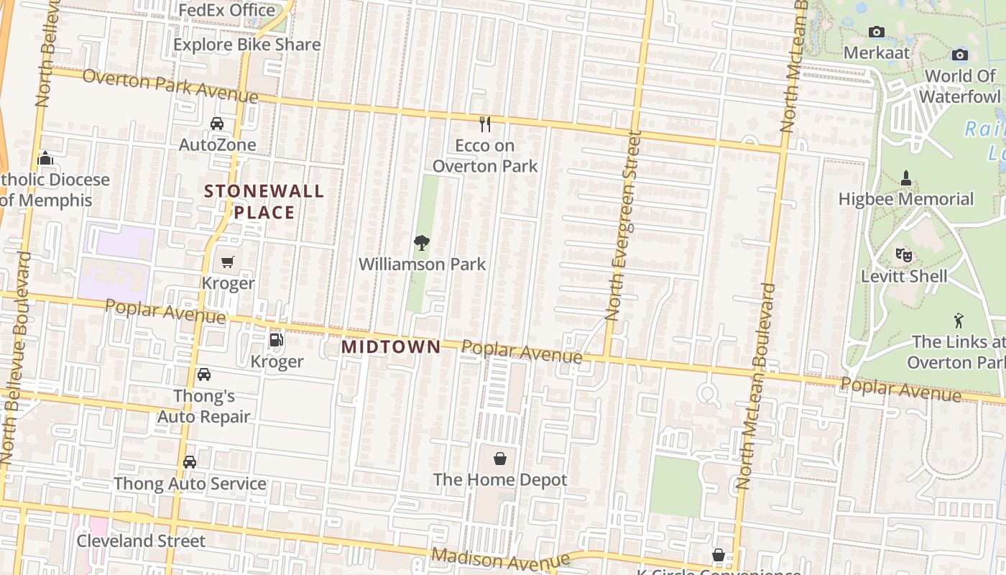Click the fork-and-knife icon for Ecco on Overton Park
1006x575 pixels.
click(485, 124)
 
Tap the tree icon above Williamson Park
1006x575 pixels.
click(422, 243)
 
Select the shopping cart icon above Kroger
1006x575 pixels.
click(228, 262)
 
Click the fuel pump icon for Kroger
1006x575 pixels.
click(276, 340)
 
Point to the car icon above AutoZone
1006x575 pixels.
click(217, 124)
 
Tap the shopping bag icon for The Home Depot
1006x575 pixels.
click(500, 458)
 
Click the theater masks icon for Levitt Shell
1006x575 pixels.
click(903, 254)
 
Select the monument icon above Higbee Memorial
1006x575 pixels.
click(905, 178)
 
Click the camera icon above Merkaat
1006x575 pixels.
click(876, 32)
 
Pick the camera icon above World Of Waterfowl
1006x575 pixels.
click(959, 55)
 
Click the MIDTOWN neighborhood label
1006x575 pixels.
click(391, 346)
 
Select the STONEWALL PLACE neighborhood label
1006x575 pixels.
click(264, 202)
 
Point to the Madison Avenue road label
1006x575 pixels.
click(500, 559)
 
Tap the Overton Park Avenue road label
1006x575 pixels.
click(170, 86)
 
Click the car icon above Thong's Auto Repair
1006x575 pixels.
click(204, 374)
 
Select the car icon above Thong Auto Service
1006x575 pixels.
click(190, 462)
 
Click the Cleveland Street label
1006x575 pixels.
click(141, 540)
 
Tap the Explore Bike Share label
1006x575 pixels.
click(246, 45)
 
